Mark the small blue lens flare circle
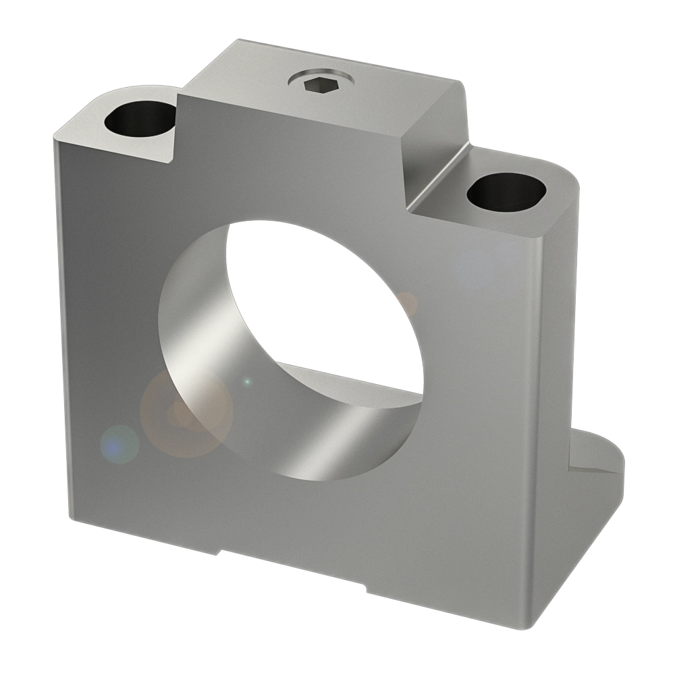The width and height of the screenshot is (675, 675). point(119,445)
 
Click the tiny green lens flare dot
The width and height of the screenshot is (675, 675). point(247,382)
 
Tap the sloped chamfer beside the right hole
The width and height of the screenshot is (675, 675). point(439,179)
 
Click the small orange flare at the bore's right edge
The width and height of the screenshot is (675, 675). point(406,302)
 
